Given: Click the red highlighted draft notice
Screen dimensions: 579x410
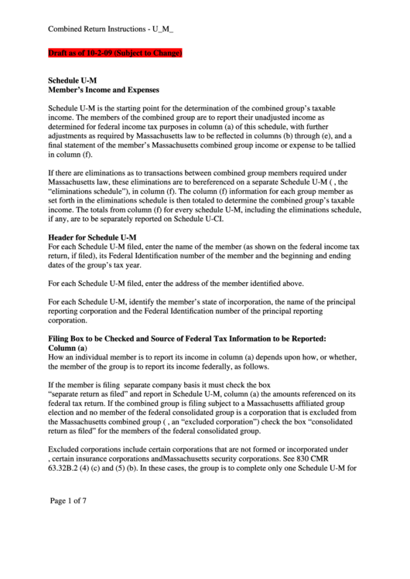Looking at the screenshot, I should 115,53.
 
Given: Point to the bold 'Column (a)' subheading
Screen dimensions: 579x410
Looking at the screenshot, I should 68,349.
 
